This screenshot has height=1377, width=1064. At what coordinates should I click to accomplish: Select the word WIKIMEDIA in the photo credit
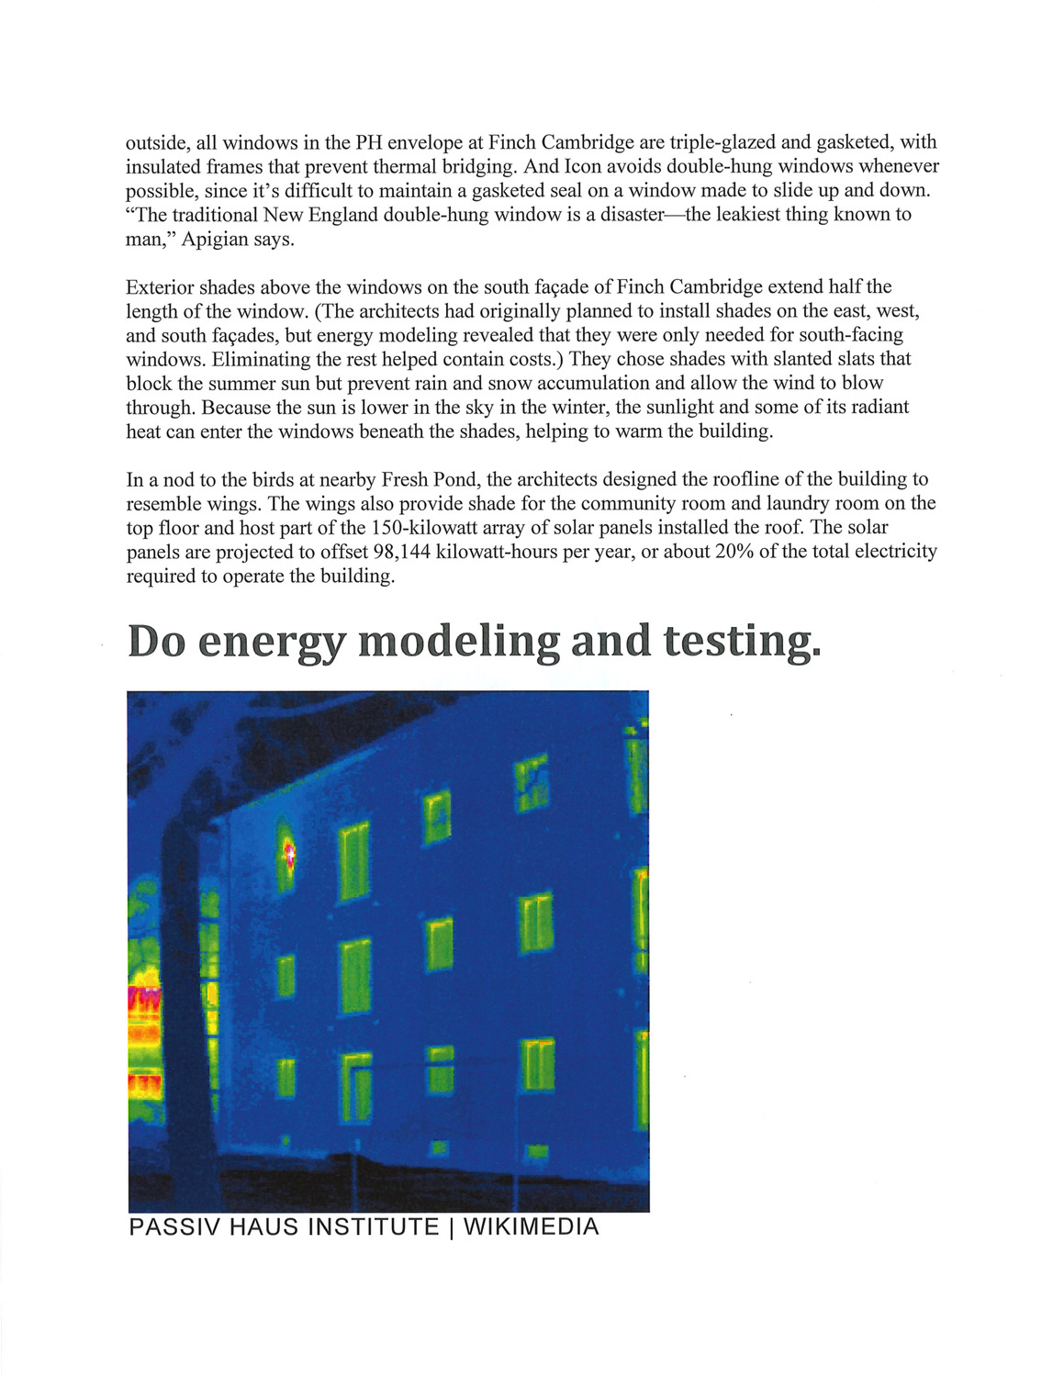click(531, 1227)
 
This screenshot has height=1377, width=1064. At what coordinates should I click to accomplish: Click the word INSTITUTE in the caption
click(373, 1227)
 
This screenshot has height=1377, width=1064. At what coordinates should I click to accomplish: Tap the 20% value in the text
click(733, 552)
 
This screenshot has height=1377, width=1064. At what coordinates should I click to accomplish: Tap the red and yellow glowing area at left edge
click(143, 1028)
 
